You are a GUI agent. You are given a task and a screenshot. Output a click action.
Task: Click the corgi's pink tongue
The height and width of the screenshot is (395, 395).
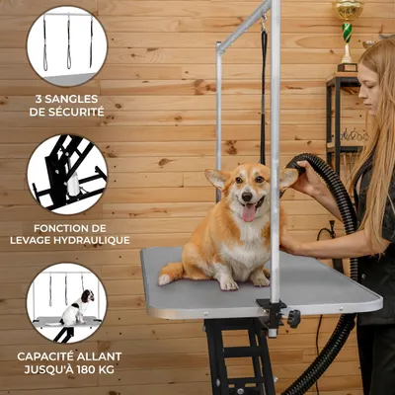248,211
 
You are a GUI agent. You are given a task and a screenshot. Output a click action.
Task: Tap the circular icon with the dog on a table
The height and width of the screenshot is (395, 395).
67,302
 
